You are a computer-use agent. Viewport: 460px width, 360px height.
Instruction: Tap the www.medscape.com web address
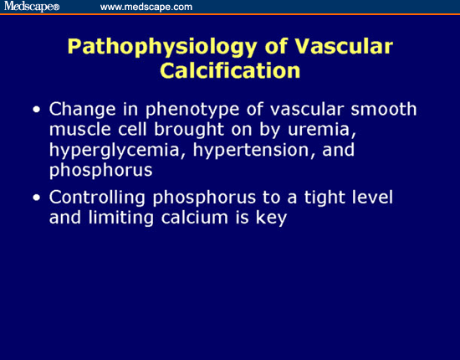point(146,7)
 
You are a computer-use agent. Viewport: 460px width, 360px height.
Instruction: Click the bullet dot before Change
point(35,111)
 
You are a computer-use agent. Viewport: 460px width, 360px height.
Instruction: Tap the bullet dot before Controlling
point(35,198)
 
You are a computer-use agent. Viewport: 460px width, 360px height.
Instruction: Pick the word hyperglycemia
point(105,151)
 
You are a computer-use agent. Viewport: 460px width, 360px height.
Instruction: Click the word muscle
point(78,131)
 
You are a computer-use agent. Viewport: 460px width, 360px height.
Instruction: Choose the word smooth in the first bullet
point(388,111)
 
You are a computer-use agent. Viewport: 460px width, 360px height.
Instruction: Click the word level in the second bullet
point(389,198)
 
